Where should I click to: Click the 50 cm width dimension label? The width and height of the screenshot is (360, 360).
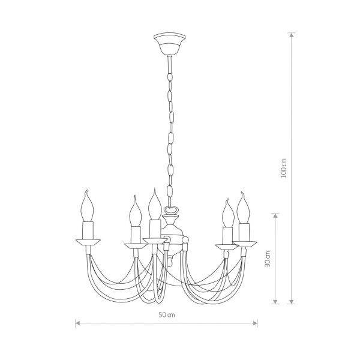click(x=167, y=315)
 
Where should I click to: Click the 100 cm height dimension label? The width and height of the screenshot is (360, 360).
click(x=284, y=168)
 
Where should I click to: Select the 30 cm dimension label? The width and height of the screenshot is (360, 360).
click(x=268, y=259)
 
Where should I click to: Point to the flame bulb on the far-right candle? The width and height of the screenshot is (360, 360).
click(x=244, y=208)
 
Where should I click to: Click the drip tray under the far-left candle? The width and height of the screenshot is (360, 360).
click(x=88, y=242)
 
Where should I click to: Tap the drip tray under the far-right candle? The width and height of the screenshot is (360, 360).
click(x=245, y=244)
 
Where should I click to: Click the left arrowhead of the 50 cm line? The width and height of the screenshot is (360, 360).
click(x=77, y=323)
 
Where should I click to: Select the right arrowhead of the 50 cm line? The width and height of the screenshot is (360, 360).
click(x=256, y=323)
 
